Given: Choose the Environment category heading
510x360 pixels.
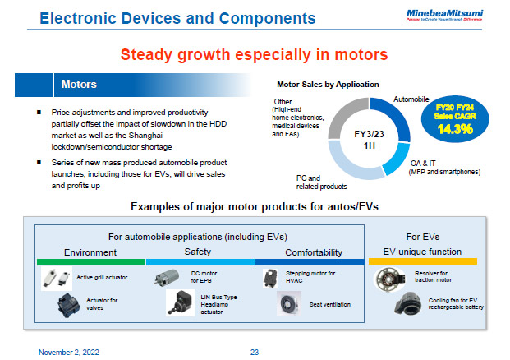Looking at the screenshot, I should tap(90, 252).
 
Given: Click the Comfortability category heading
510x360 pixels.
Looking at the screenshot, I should tap(312, 252).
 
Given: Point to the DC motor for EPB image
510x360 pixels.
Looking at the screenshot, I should tap(167, 278).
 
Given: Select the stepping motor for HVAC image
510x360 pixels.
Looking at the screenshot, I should tap(270, 278).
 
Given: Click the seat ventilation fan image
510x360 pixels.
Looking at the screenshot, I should tap(287, 305).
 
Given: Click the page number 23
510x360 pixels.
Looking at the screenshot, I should tap(255, 350).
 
